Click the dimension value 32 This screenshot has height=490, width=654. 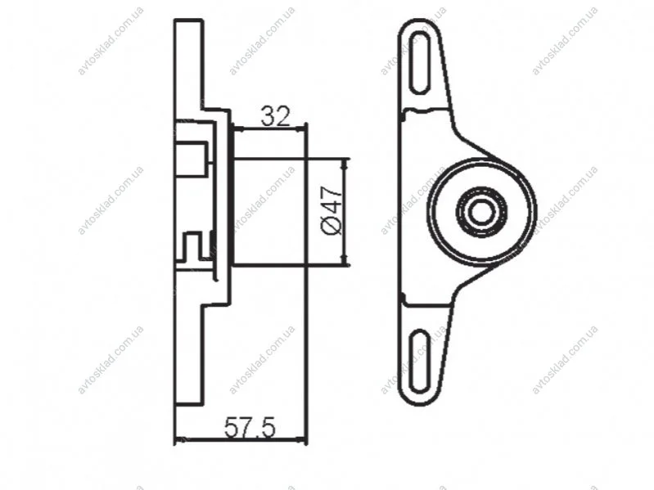click(275, 116)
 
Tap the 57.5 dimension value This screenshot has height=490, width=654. click(250, 428)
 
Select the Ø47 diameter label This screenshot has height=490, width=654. click(332, 209)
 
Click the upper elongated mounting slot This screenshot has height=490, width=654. click(421, 62)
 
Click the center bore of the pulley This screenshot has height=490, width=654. click(482, 212)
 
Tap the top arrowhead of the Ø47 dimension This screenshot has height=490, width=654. click(345, 164)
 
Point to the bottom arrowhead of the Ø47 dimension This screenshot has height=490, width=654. click(345, 259)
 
